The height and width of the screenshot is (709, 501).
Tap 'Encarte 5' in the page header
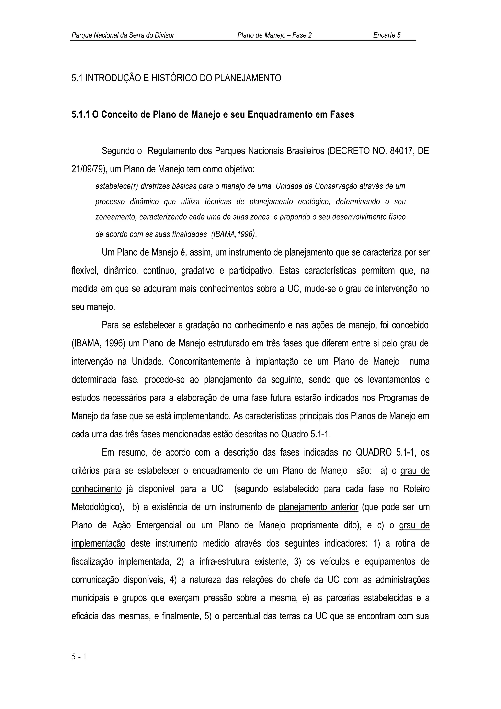tap(387, 35)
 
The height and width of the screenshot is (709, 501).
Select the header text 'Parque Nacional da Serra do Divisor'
tap(123, 35)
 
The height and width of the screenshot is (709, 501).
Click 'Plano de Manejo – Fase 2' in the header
tap(274, 35)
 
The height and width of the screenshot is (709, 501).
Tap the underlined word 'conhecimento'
tap(96, 489)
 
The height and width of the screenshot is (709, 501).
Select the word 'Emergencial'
tap(158, 525)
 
